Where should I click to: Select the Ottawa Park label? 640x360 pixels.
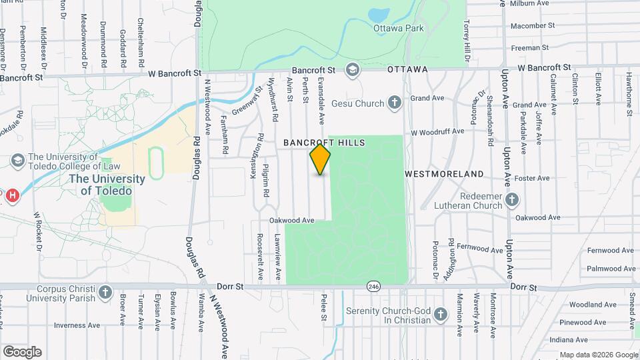click(399, 29)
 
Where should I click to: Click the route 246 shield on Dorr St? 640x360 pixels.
click(372, 286)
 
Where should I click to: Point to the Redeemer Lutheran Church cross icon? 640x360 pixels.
click(511, 199)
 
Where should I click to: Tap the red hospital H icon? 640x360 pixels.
click(11, 196)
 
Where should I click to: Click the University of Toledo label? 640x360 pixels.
click(107, 185)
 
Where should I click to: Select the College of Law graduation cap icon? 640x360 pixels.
click(18, 161)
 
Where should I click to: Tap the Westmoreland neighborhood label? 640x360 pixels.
click(445, 174)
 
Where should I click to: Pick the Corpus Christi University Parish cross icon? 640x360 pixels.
click(105, 292)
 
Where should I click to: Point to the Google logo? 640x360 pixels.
click(22, 352)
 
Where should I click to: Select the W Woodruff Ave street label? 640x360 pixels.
click(437, 131)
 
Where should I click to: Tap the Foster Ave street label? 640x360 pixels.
click(536, 178)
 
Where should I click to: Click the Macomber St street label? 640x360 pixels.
click(533, 26)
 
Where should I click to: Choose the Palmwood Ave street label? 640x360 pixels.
click(609, 269)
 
